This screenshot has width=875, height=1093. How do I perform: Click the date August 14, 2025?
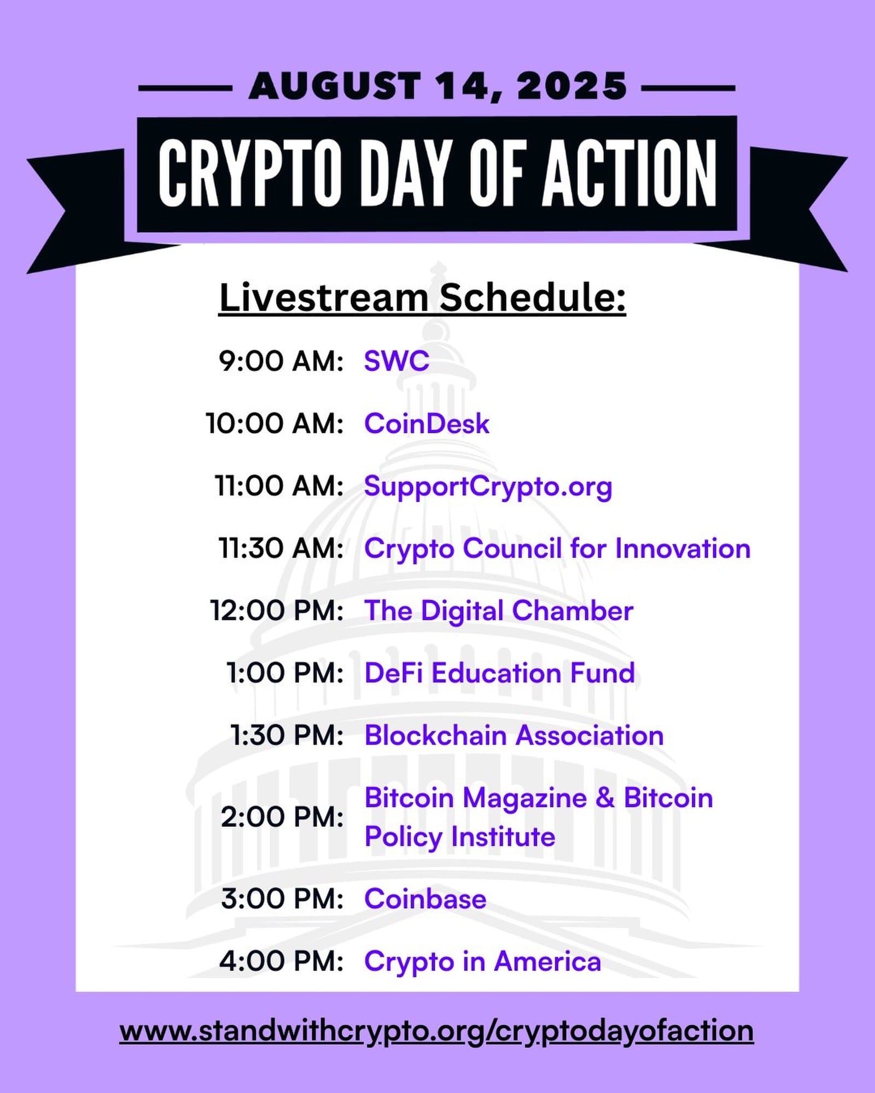(437, 86)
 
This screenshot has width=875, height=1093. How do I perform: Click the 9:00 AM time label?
(281, 361)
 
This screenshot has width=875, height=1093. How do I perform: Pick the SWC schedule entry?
(396, 361)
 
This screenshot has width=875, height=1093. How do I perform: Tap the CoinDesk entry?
(427, 424)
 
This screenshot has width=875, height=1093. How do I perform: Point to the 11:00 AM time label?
(279, 486)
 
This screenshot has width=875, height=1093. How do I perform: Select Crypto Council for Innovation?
(557, 549)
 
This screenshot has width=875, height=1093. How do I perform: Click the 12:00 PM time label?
(277, 611)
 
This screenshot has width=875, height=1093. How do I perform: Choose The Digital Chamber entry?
(499, 612)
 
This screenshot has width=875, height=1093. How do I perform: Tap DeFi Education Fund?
(499, 673)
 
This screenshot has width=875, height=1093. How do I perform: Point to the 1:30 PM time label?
(287, 736)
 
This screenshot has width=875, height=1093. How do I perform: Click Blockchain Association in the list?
(514, 736)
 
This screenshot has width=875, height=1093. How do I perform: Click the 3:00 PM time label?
(282, 899)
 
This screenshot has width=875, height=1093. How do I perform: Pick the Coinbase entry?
(425, 899)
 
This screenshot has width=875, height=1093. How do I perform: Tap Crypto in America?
(482, 962)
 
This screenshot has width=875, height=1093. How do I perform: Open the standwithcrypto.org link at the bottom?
(436, 1032)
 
